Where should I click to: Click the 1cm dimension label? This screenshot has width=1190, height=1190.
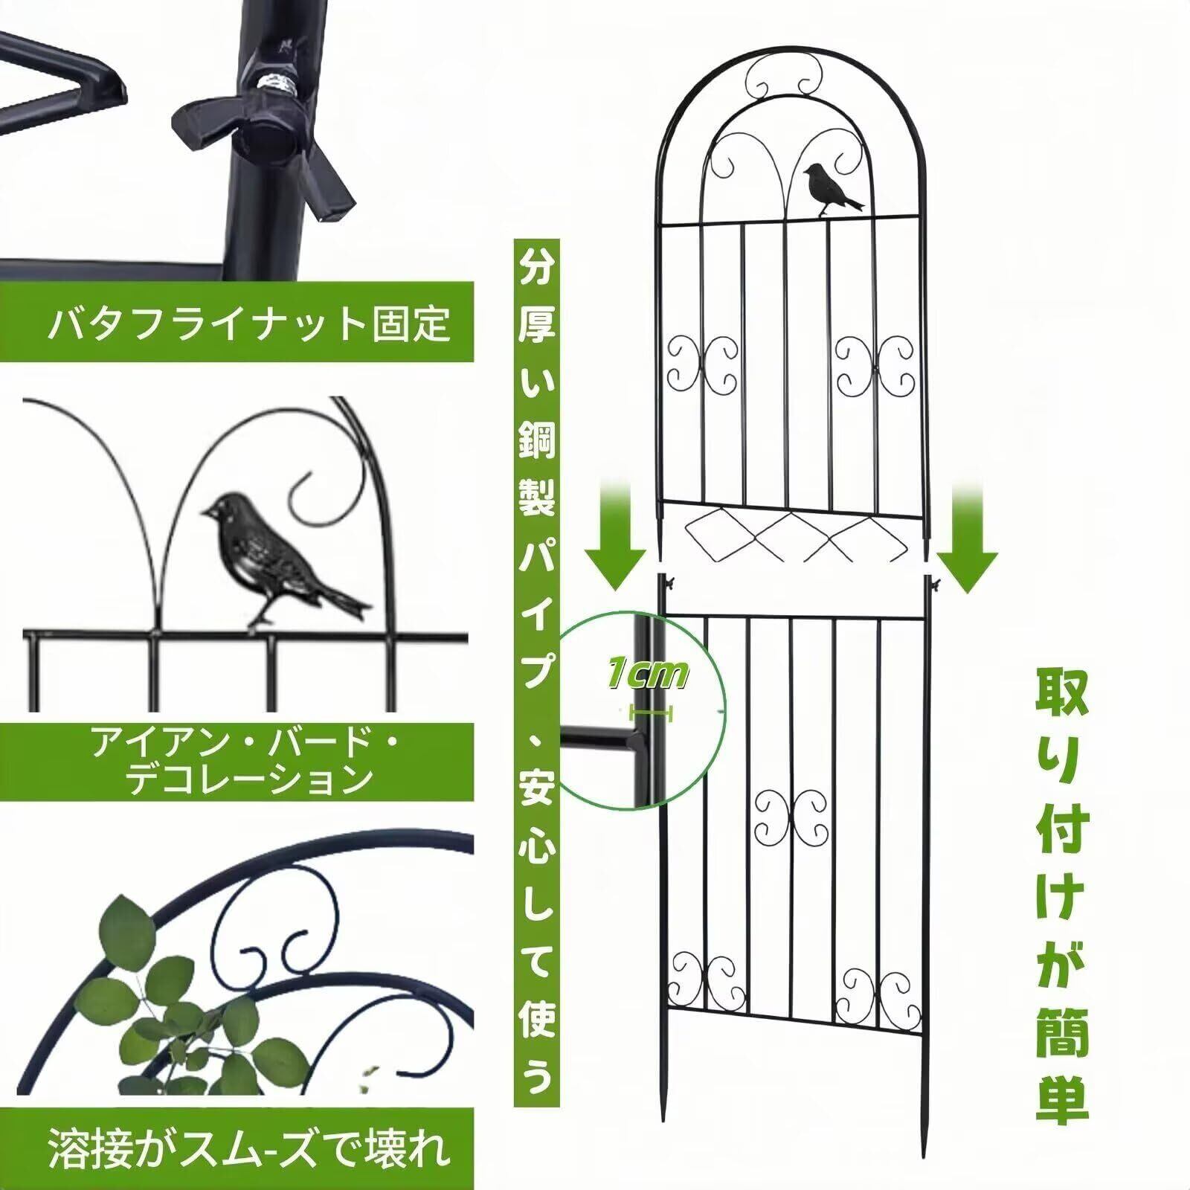[x=648, y=675]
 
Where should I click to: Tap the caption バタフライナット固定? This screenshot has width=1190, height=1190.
[x=248, y=322]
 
